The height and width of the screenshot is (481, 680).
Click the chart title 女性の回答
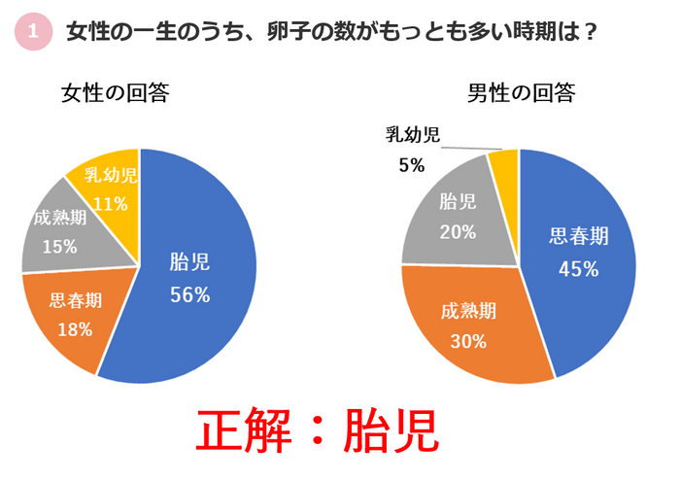click(x=115, y=93)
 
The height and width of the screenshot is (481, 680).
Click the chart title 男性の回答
click(x=521, y=93)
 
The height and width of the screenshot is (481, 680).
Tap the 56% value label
click(x=189, y=294)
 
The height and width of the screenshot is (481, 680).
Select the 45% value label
click(x=578, y=269)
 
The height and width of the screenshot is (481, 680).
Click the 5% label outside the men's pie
click(x=411, y=165)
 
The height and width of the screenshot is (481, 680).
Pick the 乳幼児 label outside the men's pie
click(x=412, y=135)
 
